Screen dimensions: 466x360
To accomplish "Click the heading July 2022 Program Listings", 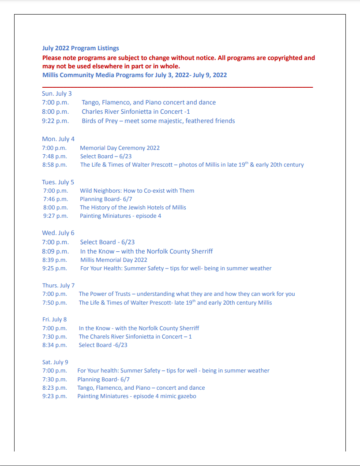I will [x=80, y=48].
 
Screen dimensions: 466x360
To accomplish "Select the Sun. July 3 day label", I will [x=56, y=93].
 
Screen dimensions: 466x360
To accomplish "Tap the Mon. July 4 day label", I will [x=58, y=139].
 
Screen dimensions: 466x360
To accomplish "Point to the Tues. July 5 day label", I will [x=58, y=182].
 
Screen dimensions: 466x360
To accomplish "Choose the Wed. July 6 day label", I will [x=58, y=233].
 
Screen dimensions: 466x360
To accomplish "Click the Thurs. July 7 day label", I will [x=58, y=285].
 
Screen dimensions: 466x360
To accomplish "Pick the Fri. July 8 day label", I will [x=54, y=319].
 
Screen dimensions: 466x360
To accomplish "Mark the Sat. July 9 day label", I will [x=55, y=362].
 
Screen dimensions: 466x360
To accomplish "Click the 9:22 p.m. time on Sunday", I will [x=55, y=121].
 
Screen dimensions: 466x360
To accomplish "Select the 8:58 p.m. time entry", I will [x=55, y=165].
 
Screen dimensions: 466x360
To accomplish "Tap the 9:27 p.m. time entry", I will [x=56, y=216].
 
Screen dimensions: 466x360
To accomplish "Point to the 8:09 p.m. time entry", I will [x=55, y=251].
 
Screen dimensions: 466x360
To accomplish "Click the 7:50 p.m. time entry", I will [x=55, y=303].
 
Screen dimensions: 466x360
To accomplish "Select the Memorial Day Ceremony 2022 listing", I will [x=120, y=148].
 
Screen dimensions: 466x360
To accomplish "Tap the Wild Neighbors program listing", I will [x=137, y=191].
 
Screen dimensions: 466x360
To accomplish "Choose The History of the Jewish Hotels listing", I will [x=133, y=208].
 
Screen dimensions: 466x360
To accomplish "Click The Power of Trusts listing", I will [x=187, y=294].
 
